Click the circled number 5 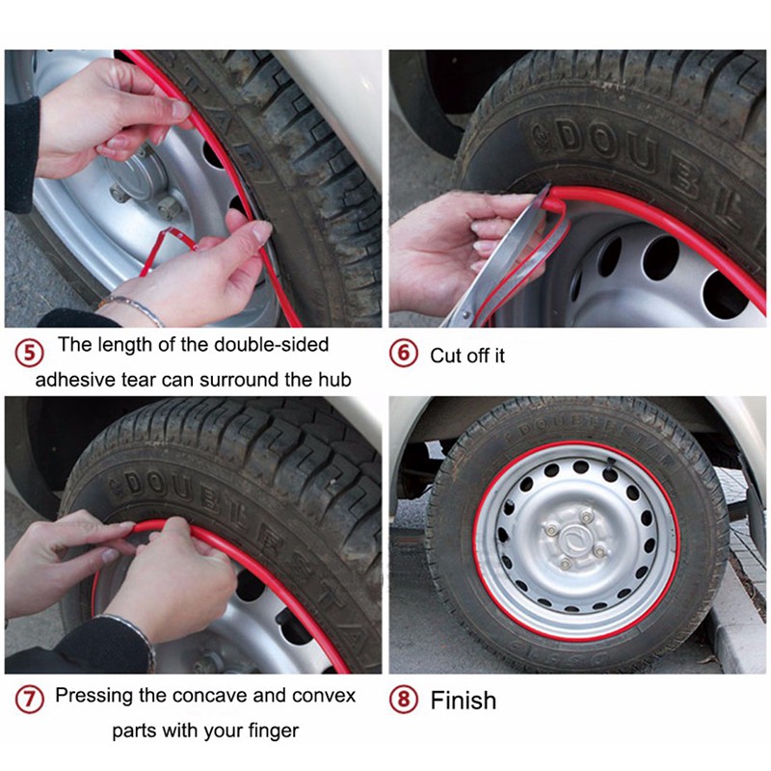coord(30,353)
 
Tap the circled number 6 coord(404,353)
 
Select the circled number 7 coord(30,700)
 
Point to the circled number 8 coord(404,700)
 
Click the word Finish coord(464,701)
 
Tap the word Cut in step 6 coord(445,356)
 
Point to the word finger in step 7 coord(274,731)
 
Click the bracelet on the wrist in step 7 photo coord(132,634)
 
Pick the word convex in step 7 coord(324,696)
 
